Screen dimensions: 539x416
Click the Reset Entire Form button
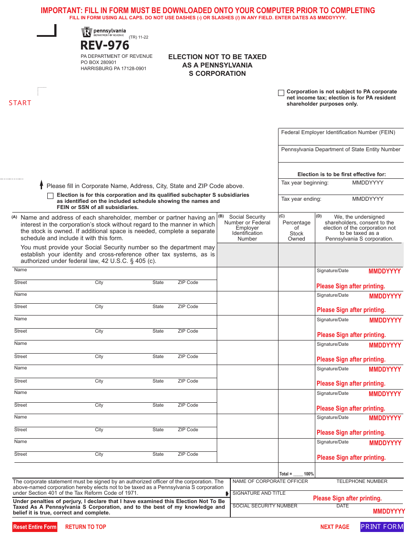35,527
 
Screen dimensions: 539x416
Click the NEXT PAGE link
335,527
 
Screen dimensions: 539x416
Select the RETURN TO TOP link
85,527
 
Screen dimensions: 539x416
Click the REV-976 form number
105,46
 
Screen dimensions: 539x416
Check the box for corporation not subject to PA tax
281,92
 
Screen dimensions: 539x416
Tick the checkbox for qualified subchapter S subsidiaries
50,196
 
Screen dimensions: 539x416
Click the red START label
20,103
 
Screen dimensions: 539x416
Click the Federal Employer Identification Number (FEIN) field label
338,132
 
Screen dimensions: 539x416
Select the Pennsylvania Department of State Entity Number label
341,149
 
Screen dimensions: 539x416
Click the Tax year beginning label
305,183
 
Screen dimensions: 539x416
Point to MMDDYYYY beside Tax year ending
368,199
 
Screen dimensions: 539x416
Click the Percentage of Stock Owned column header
296,228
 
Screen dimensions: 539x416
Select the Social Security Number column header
247,228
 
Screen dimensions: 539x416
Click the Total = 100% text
296,474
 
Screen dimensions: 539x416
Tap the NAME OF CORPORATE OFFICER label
270,481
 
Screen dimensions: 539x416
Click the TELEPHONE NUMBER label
362,481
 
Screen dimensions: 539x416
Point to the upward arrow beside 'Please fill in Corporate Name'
42,184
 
